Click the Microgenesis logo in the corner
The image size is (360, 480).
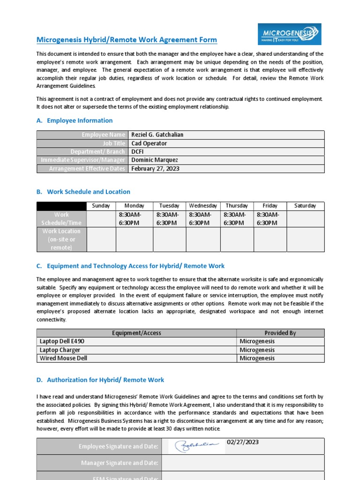(290, 35)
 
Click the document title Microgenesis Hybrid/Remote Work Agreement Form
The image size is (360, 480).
(127, 40)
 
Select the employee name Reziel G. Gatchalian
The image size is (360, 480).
(157, 135)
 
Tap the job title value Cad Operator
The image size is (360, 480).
(149, 143)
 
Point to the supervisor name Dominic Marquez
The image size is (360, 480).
(154, 160)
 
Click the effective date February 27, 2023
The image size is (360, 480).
(155, 169)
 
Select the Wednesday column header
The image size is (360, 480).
(203, 206)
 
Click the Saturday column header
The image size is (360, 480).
(305, 206)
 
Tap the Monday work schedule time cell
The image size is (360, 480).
(134, 218)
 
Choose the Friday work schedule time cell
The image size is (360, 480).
(270, 218)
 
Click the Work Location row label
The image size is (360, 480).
(61, 240)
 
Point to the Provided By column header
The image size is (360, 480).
(280, 333)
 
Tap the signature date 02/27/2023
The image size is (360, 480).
(243, 442)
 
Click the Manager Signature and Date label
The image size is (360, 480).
(120, 463)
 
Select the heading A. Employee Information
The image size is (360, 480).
(75, 120)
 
